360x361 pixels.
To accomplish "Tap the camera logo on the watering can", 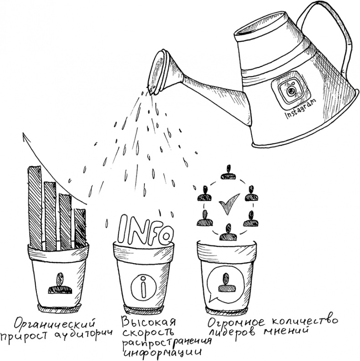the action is coord(290,91).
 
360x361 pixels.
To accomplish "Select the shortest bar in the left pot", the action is coord(80,229).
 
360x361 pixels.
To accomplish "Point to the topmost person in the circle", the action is coord(229,172).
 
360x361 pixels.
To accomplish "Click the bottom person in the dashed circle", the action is coord(228,232).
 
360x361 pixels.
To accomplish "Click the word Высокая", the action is coord(149,322).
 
